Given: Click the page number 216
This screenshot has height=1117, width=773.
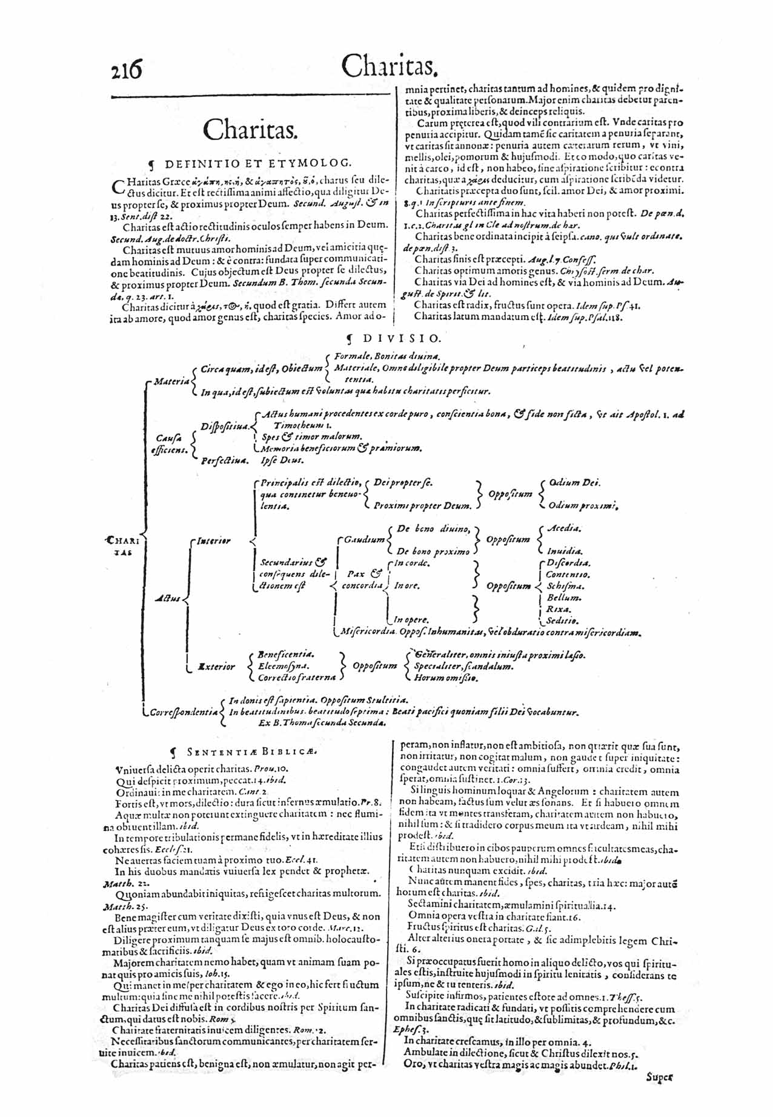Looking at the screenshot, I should coord(126,68).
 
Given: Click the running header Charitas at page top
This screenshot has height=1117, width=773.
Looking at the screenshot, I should coord(388,67).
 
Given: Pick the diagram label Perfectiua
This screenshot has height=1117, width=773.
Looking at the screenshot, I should coord(224,461).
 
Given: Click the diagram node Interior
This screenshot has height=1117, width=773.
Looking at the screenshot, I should coord(213,541).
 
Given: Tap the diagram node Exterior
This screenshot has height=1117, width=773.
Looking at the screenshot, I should coord(216,667).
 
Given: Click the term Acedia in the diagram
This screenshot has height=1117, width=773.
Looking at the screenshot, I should coord(564,528).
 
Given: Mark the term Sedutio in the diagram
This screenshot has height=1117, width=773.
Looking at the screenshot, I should coord(563,621).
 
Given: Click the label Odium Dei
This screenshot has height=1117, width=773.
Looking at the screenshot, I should coord(574,482).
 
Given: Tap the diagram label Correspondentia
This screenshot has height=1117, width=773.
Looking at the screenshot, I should coord(184,712).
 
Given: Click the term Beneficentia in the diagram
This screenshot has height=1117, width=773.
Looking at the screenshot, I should coord(286,655).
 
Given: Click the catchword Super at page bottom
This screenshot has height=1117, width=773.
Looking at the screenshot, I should coord(660,1078).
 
